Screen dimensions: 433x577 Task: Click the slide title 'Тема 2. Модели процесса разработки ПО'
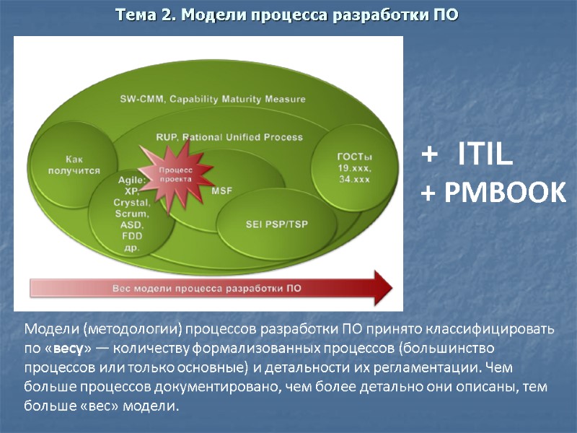(288, 15)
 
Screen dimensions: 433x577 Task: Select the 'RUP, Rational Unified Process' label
(229, 136)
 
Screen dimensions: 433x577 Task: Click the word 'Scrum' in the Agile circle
(131, 214)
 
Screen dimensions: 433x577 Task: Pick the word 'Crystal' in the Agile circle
(131, 204)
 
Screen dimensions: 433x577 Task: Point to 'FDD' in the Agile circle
(131, 236)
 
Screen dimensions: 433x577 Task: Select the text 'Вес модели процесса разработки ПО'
(207, 288)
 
